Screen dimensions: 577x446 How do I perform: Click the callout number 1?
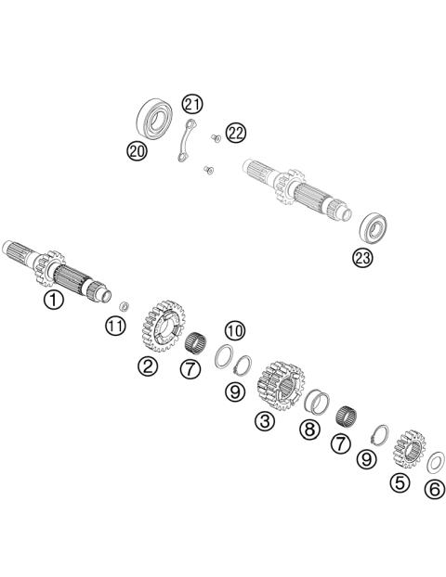pos(55,300)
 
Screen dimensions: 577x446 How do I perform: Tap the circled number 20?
pos(138,150)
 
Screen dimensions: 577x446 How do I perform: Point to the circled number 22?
pos(236,134)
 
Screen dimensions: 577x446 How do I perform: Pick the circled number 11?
pos(114,326)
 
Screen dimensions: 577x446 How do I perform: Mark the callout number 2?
pos(148,366)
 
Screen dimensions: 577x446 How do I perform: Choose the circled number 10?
pos(234,330)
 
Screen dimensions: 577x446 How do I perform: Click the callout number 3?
pos(265,422)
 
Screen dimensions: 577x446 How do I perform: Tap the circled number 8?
pos(309,429)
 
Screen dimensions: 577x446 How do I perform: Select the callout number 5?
pos(400,482)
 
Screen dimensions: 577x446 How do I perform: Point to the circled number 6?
pos(433,489)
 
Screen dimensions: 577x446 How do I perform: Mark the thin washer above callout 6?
pos(432,460)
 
